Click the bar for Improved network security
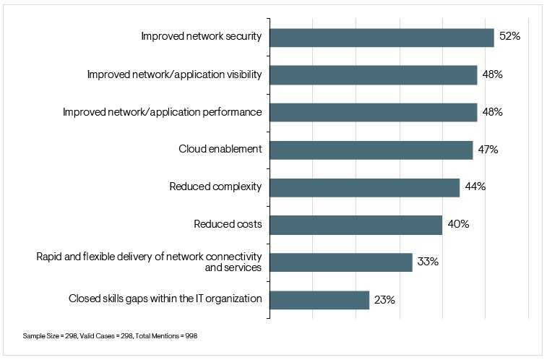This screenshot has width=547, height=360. [382, 38]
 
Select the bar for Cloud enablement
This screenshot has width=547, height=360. [371, 150]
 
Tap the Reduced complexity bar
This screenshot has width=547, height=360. [364, 187]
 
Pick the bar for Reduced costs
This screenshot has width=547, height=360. [356, 225]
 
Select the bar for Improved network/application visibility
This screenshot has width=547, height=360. [373, 75]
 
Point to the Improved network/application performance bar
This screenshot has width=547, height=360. [373, 113]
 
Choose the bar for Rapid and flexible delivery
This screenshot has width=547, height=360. [340, 262]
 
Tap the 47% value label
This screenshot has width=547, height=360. [488, 150]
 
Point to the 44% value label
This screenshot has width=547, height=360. [475, 187]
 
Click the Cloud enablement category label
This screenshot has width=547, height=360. [220, 150]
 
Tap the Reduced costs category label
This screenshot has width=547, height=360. [228, 225]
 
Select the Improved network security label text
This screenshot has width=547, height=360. [201, 38]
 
